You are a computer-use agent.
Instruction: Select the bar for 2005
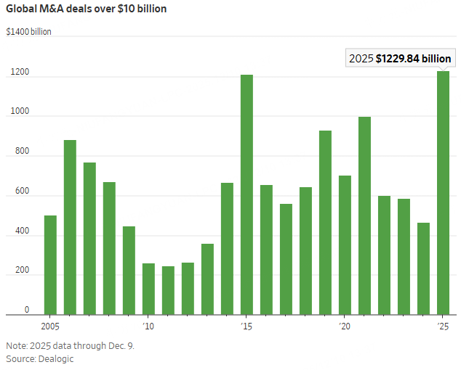(50, 265)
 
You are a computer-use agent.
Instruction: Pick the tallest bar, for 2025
(443, 192)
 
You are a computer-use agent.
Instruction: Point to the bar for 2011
(168, 290)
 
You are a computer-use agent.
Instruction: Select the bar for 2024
(423, 268)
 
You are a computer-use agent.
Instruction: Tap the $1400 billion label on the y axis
(28, 32)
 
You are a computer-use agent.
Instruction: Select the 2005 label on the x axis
(50, 326)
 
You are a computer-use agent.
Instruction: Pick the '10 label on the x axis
(148, 326)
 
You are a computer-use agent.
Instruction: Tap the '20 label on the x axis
(345, 326)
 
